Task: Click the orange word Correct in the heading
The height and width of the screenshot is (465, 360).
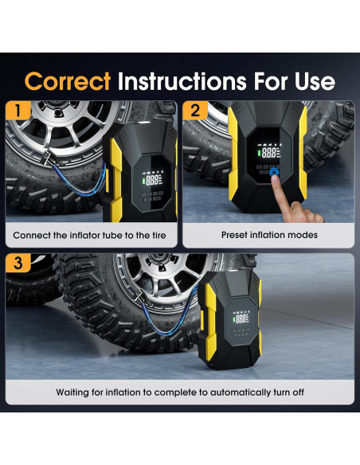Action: tap(68, 81)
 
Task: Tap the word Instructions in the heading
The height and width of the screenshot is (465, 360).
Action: tap(182, 81)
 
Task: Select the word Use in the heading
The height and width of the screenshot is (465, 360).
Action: tap(315, 81)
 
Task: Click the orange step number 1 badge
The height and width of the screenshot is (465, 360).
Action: tap(18, 110)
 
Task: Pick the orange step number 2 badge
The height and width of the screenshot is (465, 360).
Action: tap(195, 111)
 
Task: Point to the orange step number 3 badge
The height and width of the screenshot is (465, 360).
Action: tap(18, 263)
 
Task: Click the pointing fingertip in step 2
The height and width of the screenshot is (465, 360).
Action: tap(275, 178)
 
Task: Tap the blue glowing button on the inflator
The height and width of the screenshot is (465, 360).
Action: tap(274, 171)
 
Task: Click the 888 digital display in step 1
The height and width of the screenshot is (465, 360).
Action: tap(152, 180)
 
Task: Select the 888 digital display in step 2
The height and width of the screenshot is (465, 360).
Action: tap(268, 153)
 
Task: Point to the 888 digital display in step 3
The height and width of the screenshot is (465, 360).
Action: tap(241, 318)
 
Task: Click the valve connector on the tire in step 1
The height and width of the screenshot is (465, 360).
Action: tap(49, 158)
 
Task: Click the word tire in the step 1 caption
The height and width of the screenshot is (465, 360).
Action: tap(158, 235)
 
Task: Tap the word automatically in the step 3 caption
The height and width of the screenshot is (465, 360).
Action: tap(241, 393)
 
